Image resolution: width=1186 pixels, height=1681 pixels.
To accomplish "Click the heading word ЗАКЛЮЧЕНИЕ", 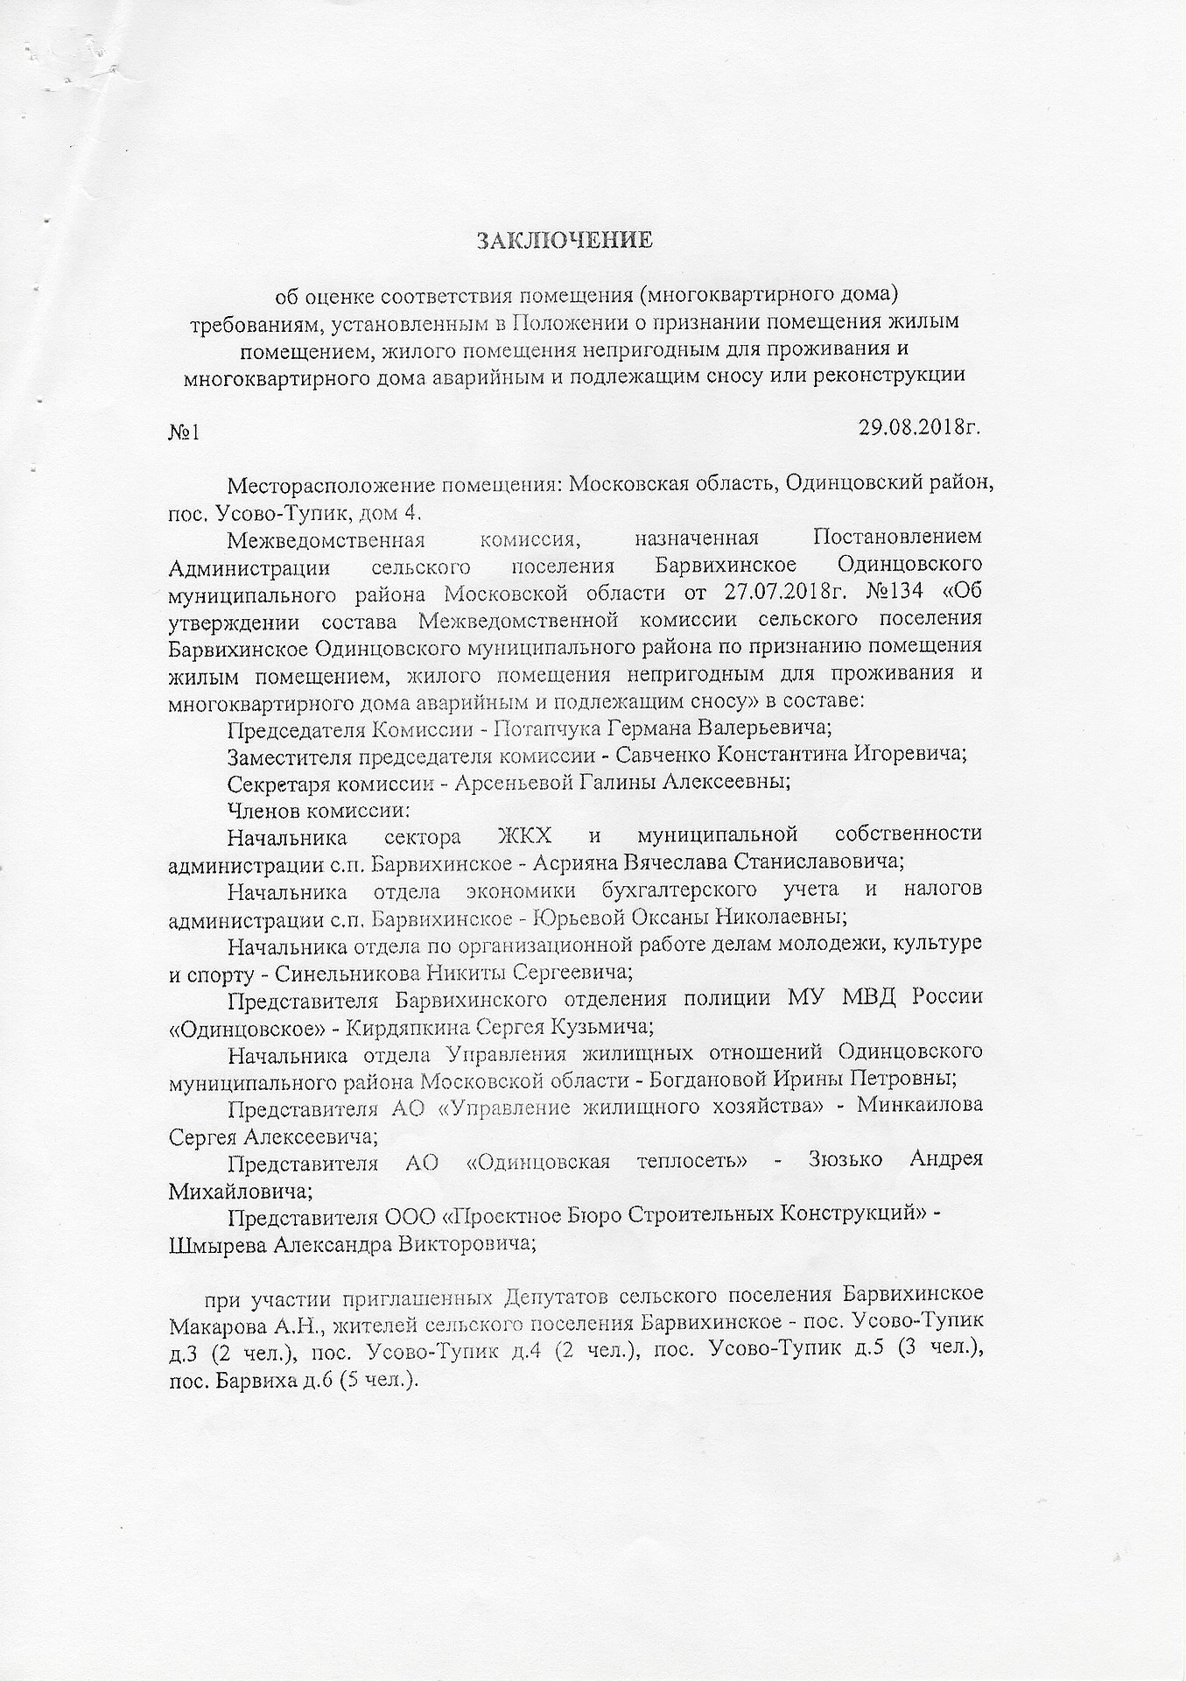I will [x=565, y=240].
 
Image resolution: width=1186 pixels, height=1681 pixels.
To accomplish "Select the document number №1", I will [x=185, y=433].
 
